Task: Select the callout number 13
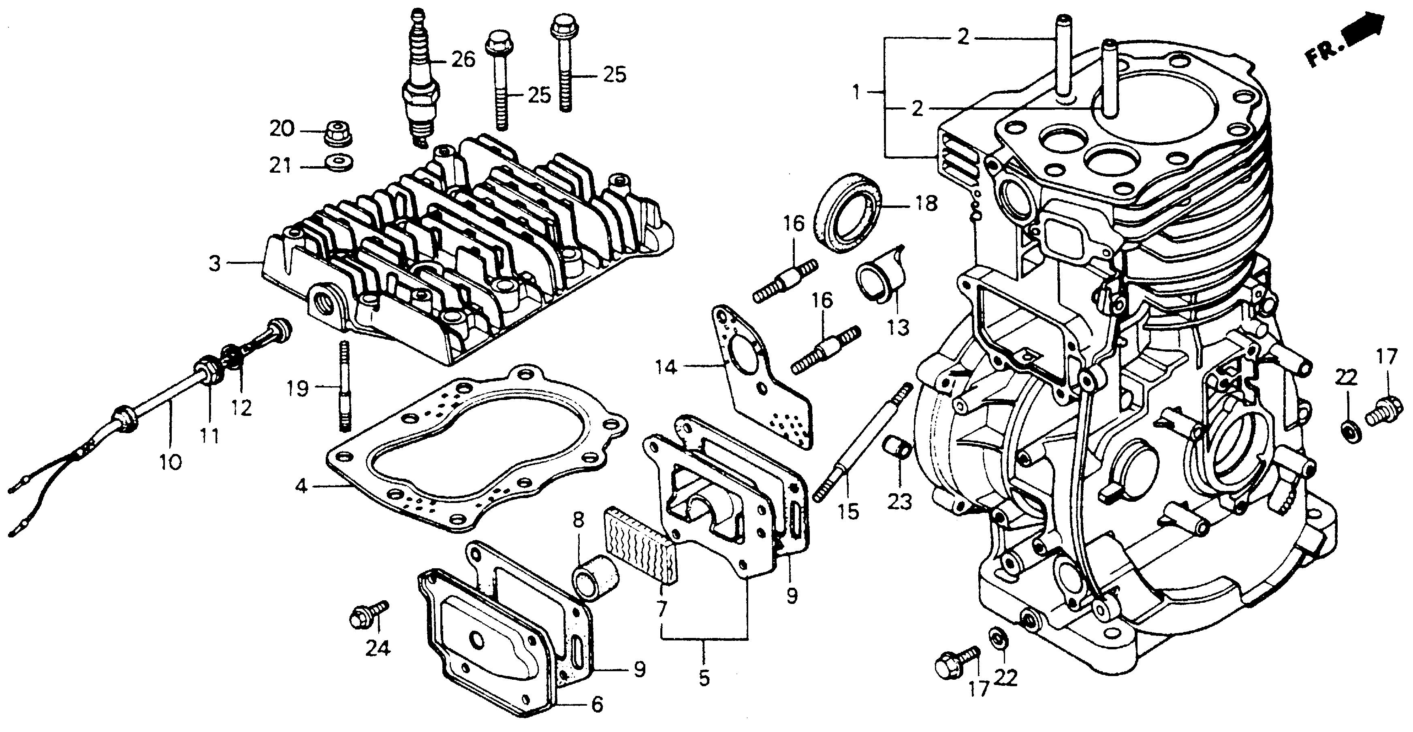click(x=899, y=327)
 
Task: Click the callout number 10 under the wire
click(x=170, y=462)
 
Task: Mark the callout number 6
click(x=596, y=704)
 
